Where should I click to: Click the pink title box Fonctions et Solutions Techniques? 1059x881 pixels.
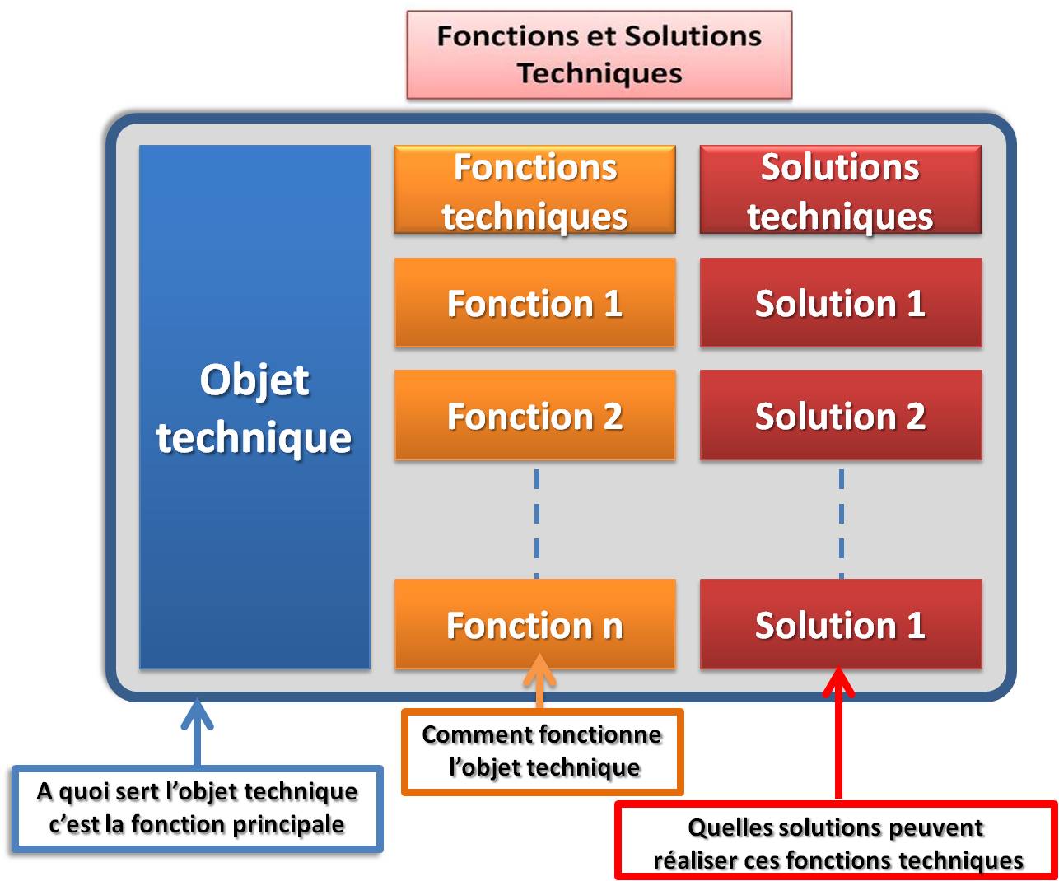(599, 54)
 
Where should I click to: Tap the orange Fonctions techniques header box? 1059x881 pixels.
(534, 190)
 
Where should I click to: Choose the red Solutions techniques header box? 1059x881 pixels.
(840, 190)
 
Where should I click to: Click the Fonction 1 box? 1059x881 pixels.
(534, 303)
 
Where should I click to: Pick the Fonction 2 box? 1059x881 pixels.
(534, 416)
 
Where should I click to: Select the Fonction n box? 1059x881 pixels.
(534, 624)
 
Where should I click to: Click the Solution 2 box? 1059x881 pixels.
(840, 416)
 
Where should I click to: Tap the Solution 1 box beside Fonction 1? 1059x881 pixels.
(840, 303)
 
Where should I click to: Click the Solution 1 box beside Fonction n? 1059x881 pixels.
(840, 624)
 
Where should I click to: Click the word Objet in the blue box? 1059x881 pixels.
(254, 380)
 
